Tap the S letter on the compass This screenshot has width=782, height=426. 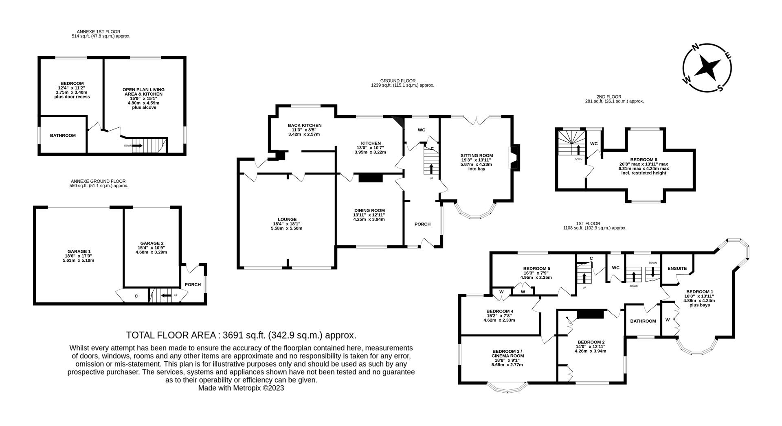[x=720, y=88]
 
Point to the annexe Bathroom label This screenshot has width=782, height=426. [x=63, y=135]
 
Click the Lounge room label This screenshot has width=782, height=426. [x=286, y=219]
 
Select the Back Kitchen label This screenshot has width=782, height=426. [x=304, y=125]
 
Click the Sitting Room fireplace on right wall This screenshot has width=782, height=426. [x=514, y=157]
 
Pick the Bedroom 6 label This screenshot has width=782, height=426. [x=644, y=159]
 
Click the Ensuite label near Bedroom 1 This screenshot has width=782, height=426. [x=677, y=269]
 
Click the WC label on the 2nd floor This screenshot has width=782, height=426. [x=594, y=144]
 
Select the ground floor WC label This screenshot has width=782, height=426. [x=421, y=130]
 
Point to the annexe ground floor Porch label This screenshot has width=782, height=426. [x=193, y=284]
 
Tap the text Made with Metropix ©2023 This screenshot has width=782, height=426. [x=241, y=388]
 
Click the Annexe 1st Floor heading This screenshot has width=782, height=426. [x=99, y=31]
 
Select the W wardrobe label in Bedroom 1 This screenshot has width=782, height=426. [x=667, y=320]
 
